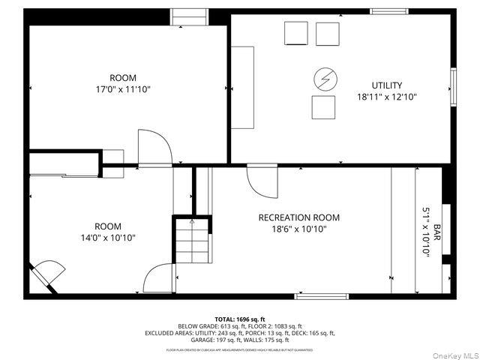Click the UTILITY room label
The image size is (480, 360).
click(x=387, y=85)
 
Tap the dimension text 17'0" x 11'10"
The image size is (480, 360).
click(x=123, y=89)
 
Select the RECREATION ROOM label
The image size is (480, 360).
click(x=298, y=217)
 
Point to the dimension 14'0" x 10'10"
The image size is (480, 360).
click(x=107, y=238)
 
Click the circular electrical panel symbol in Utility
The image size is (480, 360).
click(x=325, y=77)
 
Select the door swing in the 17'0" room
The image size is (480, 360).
click(x=153, y=147)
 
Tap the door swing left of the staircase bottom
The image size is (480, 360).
click(x=160, y=278)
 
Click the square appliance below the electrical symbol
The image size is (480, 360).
click(x=323, y=108)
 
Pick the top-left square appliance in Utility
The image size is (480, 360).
click(x=295, y=34)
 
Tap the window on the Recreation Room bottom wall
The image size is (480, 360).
click(x=321, y=296)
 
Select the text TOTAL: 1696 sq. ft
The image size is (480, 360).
click(x=240, y=319)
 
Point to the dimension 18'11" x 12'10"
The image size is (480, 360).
click(x=387, y=97)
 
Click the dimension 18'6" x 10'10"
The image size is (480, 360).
click(x=298, y=229)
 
